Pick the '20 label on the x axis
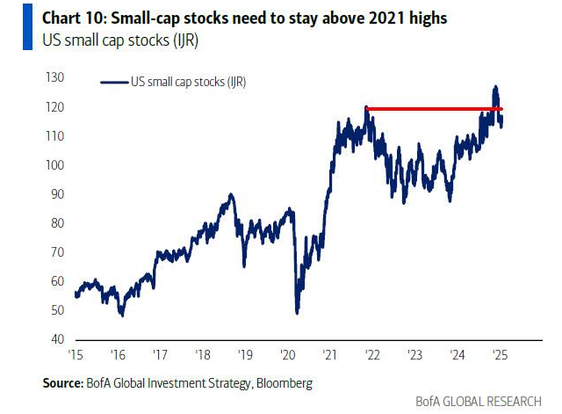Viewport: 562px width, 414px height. click(x=287, y=357)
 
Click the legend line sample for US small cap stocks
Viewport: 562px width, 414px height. click(x=114, y=82)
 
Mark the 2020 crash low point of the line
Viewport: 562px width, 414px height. click(x=297, y=312)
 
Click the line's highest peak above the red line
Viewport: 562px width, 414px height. click(x=496, y=86)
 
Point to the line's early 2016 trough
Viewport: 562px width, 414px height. click(x=122, y=314)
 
